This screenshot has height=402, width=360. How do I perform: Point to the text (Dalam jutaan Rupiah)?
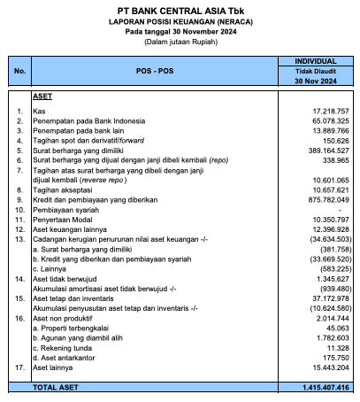[x=180, y=42]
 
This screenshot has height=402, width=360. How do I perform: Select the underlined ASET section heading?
[x=42, y=95]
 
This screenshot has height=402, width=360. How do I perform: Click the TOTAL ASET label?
[x=57, y=388]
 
